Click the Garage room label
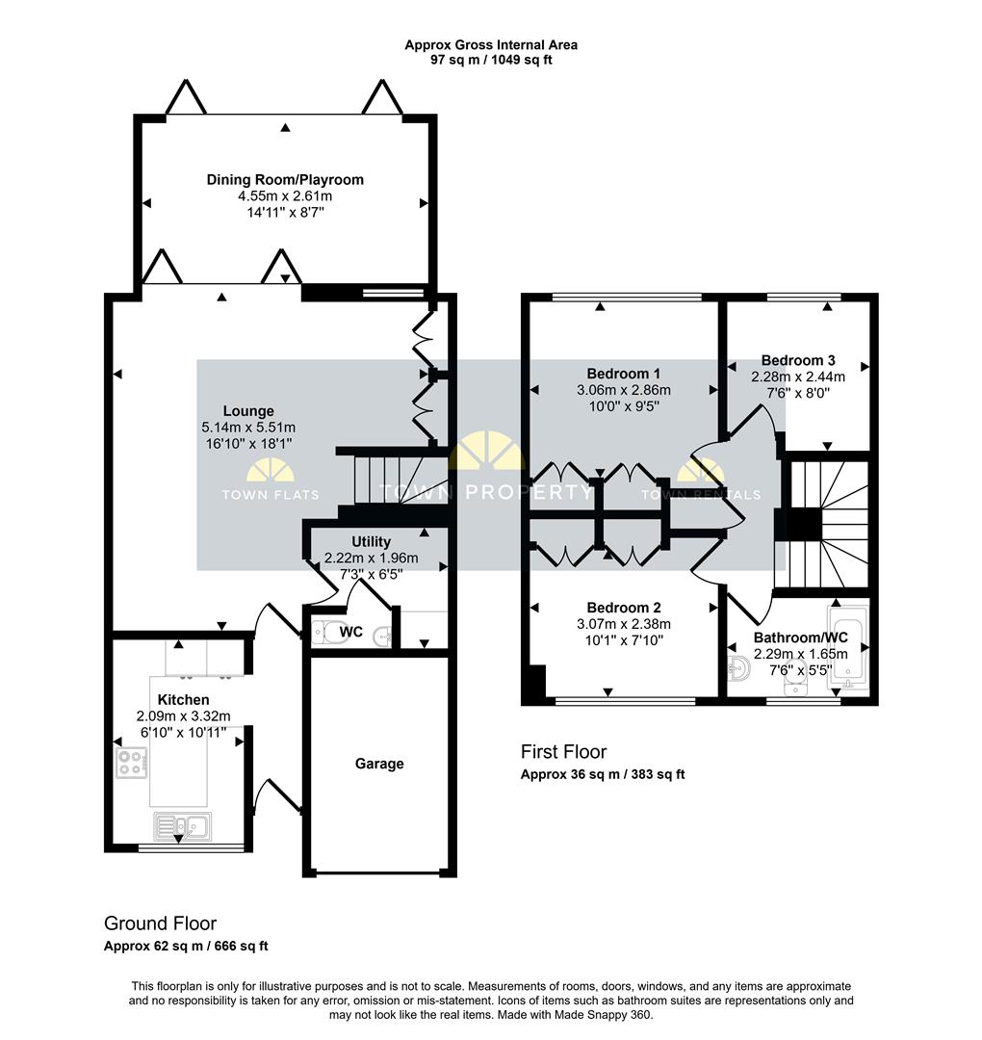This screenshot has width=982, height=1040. (x=379, y=764)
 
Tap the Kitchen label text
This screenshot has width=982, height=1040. (x=183, y=700)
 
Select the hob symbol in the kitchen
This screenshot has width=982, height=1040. (x=131, y=762)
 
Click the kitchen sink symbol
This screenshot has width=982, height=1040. (x=182, y=826)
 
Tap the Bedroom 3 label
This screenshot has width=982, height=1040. (x=798, y=360)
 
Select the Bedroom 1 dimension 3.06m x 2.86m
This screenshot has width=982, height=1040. (x=623, y=390)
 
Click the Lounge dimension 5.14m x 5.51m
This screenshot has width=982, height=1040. (x=248, y=428)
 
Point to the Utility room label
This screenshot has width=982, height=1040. (x=371, y=542)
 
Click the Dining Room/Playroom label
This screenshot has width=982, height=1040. (x=285, y=180)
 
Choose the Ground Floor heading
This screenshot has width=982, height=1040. (x=161, y=923)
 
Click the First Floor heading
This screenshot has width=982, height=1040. (x=563, y=751)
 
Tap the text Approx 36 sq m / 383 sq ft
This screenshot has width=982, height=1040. (x=603, y=774)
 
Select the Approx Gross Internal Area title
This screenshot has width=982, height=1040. (x=491, y=45)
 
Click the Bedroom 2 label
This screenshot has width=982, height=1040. (x=623, y=608)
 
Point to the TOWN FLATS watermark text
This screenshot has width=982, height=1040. (x=271, y=495)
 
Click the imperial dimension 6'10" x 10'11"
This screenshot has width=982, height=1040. (x=183, y=732)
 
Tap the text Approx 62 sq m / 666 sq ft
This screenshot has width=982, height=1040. (x=187, y=946)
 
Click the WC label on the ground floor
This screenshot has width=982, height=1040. (x=350, y=632)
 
